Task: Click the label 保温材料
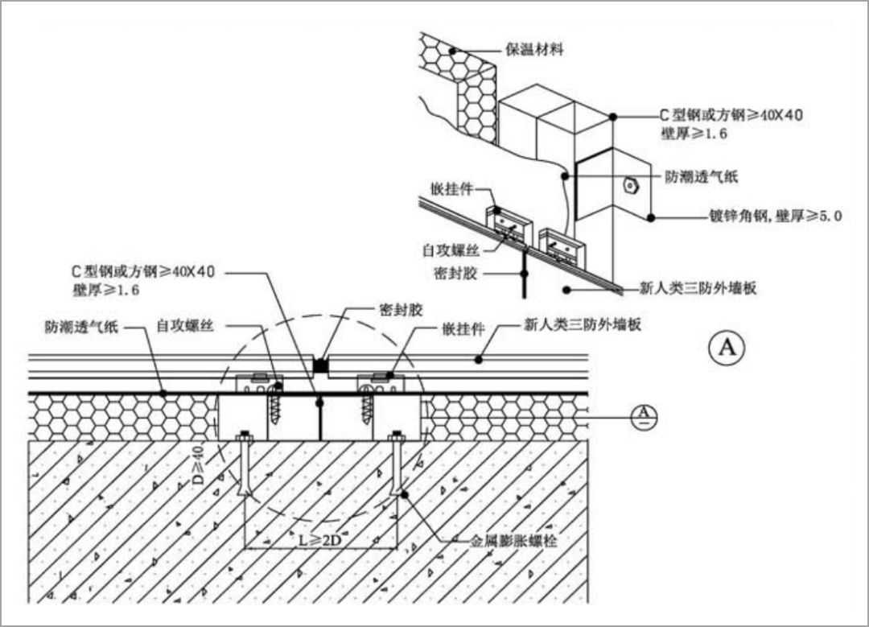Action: coord(534,50)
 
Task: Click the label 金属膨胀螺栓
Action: coord(513,542)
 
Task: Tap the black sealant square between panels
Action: coord(321,365)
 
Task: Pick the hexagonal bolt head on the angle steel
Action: coord(630,185)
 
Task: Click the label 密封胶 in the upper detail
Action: coord(455,274)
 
